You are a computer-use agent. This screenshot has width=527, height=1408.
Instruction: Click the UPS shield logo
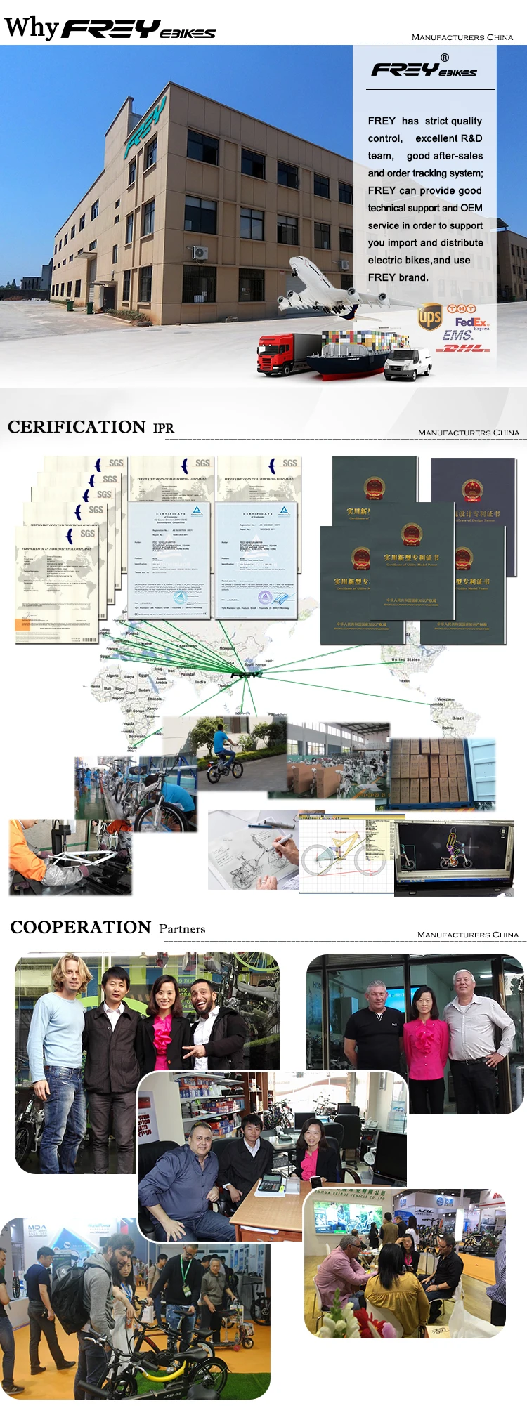coord(429,317)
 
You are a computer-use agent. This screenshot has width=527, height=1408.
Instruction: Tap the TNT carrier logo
coord(462,308)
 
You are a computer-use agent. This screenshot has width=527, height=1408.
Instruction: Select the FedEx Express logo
coord(471,322)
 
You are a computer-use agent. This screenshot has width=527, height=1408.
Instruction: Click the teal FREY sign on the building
coord(144,129)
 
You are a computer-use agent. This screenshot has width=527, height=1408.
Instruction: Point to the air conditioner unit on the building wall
coord(200,252)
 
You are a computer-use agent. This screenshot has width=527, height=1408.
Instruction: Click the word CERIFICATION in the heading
coord(77,427)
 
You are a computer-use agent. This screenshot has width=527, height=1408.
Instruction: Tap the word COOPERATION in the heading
coord(81,928)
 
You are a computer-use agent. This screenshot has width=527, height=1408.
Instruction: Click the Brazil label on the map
coord(458,718)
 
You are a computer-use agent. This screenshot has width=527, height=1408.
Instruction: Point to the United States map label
coord(405,659)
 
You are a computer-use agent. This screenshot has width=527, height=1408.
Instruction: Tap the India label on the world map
coord(201,681)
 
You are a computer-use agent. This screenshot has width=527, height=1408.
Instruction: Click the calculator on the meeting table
coord(271,1185)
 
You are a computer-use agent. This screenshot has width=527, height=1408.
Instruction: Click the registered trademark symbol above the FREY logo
coord(444,58)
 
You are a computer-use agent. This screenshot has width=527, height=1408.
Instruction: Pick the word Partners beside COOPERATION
coord(182,929)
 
